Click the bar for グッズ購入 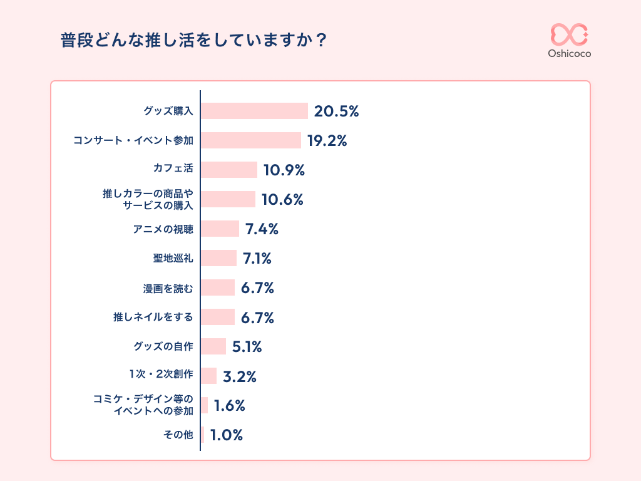254,111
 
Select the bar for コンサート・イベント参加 250,140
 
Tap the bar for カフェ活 228,170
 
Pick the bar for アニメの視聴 220,229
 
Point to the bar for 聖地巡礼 218,258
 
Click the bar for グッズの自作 213,346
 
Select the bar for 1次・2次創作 208,376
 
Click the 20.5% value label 336,111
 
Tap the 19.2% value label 327,141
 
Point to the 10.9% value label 284,170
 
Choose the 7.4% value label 262,229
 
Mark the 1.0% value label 227,435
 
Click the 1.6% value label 229,406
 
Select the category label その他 178,435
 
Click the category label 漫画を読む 168,288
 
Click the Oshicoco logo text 569,53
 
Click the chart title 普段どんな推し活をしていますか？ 194,41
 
